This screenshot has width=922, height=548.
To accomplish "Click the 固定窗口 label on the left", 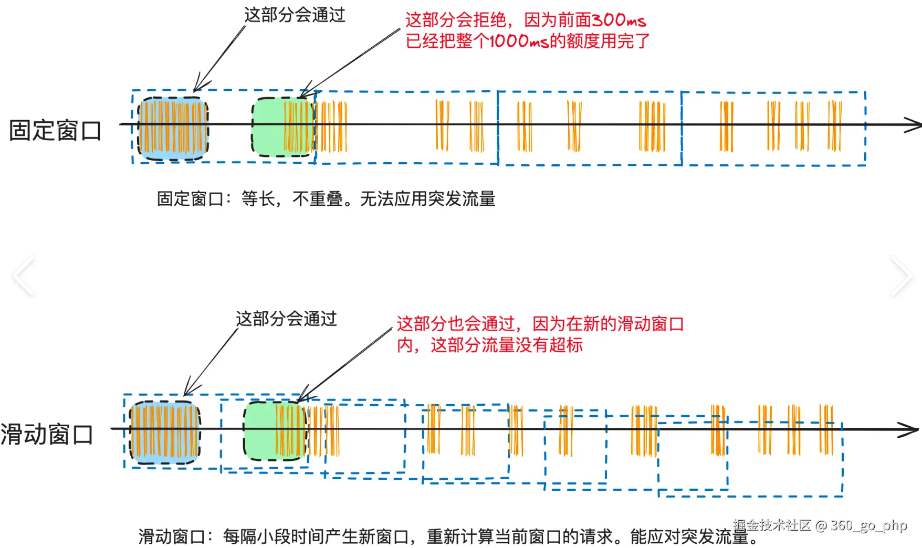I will [55, 131].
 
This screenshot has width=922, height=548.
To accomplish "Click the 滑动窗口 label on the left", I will [47, 435].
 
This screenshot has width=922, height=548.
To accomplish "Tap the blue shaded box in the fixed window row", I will [173, 128].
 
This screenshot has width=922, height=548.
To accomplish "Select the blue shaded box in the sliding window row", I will [165, 433].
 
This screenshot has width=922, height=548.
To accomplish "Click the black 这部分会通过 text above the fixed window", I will [295, 15].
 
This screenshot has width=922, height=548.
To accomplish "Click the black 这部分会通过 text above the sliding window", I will [286, 319].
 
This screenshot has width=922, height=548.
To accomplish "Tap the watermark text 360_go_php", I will [868, 525].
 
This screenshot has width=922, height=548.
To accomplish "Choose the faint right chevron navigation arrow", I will [902, 276].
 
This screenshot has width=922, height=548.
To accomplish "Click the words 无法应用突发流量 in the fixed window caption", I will [427, 199].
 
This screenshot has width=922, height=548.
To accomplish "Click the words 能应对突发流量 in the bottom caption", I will [688, 536].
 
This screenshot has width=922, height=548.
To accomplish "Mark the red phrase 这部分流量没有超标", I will [507, 345].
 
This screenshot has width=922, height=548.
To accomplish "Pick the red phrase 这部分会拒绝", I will [456, 20].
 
